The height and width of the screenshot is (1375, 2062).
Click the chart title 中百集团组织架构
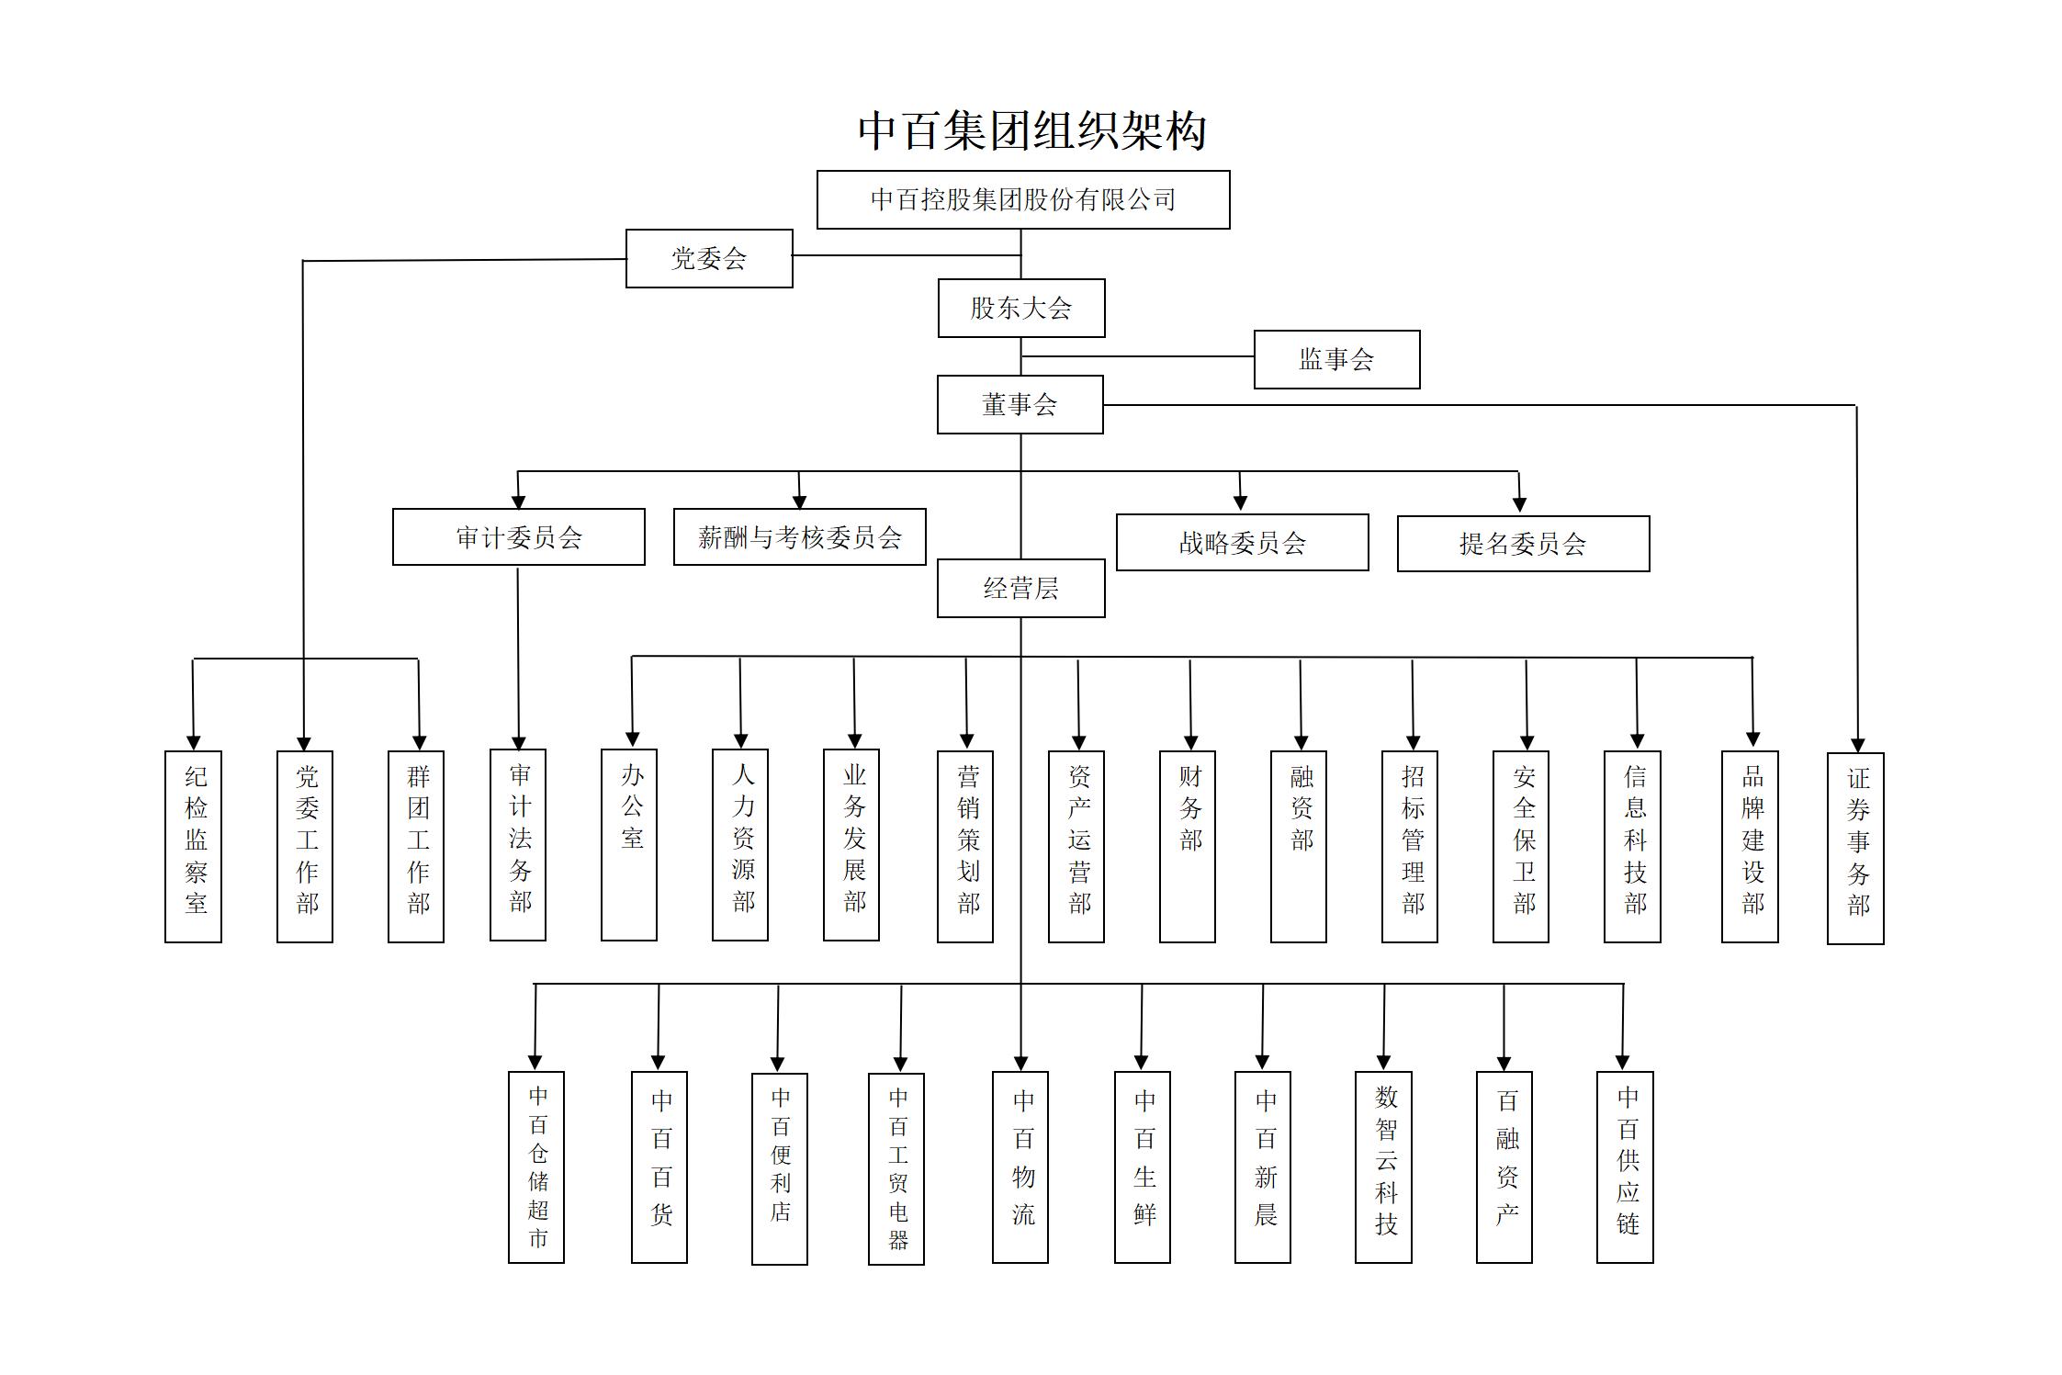click(1031, 130)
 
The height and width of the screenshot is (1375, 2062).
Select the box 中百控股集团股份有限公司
click(1023, 199)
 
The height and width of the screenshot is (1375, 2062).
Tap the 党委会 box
click(709, 258)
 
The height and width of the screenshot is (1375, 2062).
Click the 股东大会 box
click(1021, 308)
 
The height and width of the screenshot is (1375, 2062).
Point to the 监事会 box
click(1337, 359)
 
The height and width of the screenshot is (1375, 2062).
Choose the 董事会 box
click(1020, 404)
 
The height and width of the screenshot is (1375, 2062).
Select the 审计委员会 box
click(519, 536)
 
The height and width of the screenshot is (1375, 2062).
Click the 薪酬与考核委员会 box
click(800, 536)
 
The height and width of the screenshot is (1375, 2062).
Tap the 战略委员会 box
click(1243, 542)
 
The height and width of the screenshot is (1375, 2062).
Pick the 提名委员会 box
click(1524, 543)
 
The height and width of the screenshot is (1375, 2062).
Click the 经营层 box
click(1021, 588)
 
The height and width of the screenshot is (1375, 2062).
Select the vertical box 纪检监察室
click(193, 846)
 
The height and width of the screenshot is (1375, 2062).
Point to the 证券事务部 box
click(1855, 848)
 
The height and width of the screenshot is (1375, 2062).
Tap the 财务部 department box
click(1188, 846)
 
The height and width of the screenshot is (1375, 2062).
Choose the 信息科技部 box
click(1632, 846)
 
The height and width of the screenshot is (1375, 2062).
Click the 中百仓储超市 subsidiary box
click(536, 1167)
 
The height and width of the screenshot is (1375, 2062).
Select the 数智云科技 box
click(1383, 1167)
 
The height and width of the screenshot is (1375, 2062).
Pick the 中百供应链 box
click(1625, 1167)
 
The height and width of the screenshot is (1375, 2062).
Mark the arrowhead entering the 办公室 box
click(632, 738)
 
